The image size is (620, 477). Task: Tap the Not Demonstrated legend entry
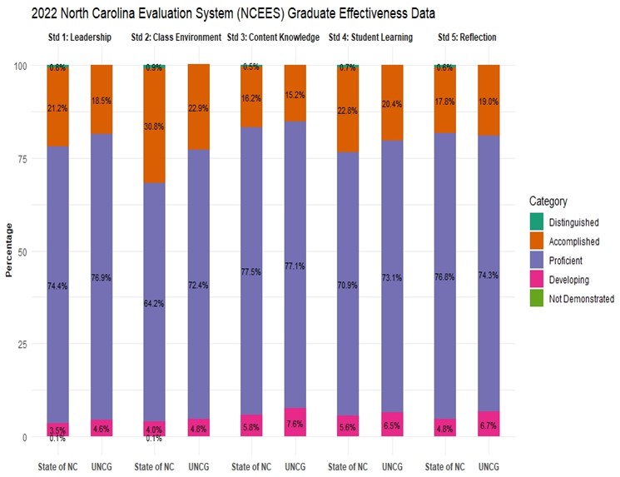click(580, 298)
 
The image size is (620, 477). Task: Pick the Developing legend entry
click(573, 278)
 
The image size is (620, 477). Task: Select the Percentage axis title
click(9, 250)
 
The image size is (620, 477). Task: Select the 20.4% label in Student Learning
click(394, 103)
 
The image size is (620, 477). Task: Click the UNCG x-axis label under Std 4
click(393, 462)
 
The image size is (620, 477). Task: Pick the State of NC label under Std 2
click(154, 462)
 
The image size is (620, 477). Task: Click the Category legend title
click(548, 201)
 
